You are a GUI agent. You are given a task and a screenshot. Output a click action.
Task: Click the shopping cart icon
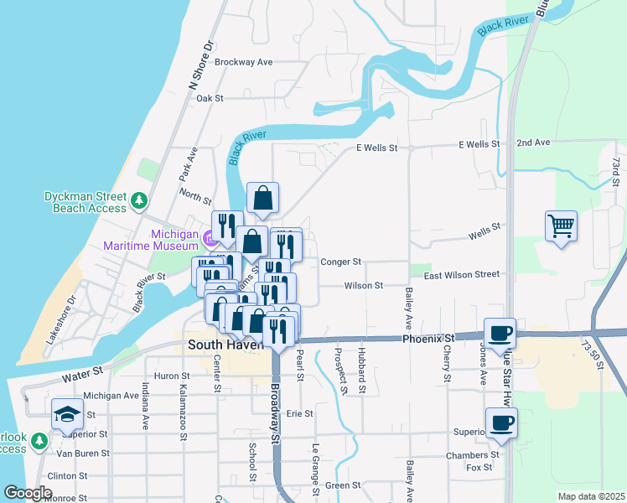(x=561, y=226)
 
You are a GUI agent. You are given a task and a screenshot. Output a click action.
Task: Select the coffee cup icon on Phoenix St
(x=500, y=333)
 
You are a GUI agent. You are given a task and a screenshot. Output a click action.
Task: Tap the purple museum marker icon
(x=209, y=240)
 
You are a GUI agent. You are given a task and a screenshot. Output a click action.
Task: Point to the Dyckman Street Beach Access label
(x=85, y=202)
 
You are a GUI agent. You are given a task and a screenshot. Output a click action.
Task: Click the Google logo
(x=27, y=493)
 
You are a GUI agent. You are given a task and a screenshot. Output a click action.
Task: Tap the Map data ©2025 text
(x=590, y=496)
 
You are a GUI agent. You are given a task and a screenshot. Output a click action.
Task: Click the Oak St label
(x=210, y=98)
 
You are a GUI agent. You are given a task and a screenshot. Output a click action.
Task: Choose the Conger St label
(x=340, y=262)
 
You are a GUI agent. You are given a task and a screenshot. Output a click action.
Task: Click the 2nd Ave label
(x=533, y=143)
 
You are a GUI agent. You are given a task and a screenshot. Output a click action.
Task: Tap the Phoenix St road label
(x=427, y=339)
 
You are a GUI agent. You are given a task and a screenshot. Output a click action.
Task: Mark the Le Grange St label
(x=316, y=469)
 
